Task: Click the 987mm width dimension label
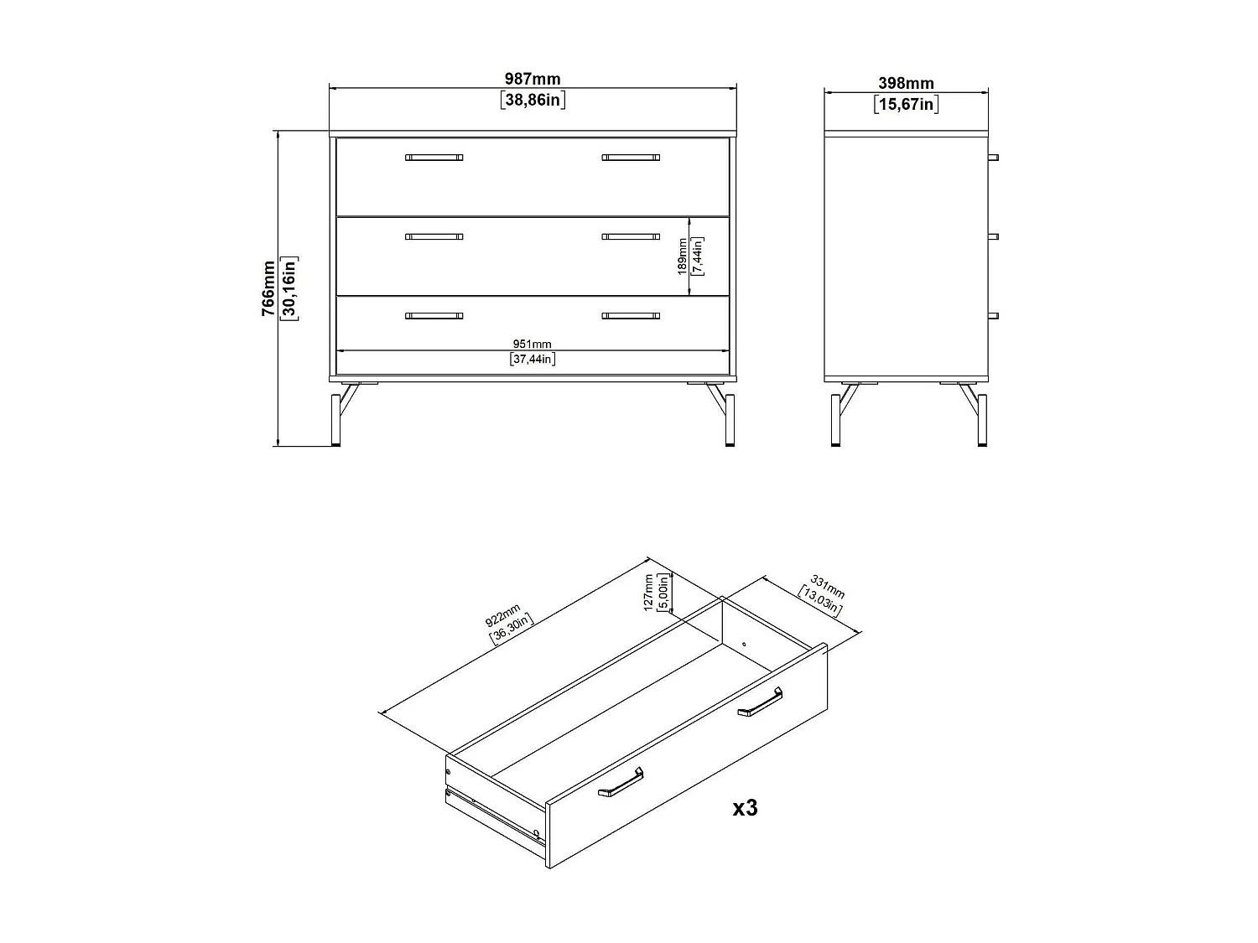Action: click(x=532, y=80)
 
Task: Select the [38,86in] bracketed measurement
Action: click(x=532, y=101)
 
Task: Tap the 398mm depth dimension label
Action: click(x=906, y=84)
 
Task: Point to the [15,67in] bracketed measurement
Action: click(x=906, y=105)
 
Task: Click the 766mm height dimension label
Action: click(x=268, y=288)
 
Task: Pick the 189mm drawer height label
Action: click(x=683, y=256)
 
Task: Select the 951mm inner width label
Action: click(x=532, y=345)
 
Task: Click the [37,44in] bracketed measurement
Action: click(x=532, y=360)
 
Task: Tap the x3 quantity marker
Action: click(x=745, y=808)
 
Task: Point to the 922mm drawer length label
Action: click(x=503, y=617)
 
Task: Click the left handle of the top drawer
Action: click(x=434, y=157)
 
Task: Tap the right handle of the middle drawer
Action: click(x=631, y=236)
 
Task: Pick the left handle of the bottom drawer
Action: click(x=434, y=316)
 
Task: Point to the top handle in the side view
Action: click(x=994, y=157)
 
